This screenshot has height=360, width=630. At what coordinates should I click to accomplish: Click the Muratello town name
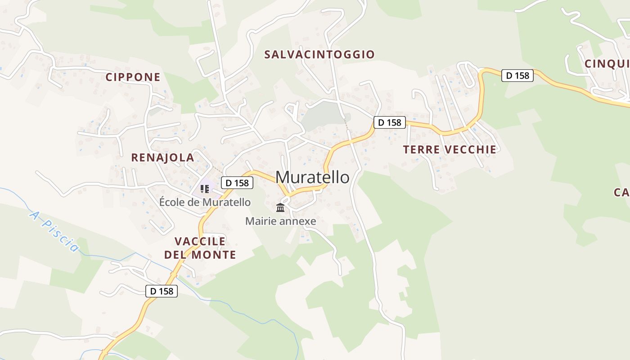(x=312, y=177)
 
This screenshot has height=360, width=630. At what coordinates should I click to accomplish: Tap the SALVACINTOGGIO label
(x=319, y=54)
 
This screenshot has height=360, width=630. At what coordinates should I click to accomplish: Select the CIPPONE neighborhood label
(x=133, y=77)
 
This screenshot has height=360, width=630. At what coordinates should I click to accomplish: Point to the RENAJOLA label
(x=162, y=157)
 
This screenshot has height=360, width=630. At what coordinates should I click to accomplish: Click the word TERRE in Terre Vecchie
(x=421, y=149)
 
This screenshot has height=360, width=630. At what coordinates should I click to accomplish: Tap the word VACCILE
(x=200, y=241)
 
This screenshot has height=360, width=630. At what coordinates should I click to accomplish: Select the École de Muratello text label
(x=205, y=202)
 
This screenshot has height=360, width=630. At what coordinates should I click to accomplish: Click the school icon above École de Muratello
(x=205, y=189)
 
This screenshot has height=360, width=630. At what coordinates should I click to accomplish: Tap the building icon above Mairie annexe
(x=280, y=207)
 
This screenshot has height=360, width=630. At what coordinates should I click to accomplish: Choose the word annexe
(x=298, y=221)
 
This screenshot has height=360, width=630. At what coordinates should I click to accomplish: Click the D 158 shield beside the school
(x=237, y=183)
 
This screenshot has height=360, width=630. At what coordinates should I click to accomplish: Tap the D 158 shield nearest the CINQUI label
(x=517, y=76)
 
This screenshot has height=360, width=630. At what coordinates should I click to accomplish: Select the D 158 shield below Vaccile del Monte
(x=162, y=291)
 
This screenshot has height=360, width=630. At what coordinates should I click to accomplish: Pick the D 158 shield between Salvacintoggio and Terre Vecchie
(x=390, y=122)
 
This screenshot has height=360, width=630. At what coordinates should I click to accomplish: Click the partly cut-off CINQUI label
(x=606, y=64)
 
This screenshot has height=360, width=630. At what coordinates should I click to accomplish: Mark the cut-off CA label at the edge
(x=621, y=193)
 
